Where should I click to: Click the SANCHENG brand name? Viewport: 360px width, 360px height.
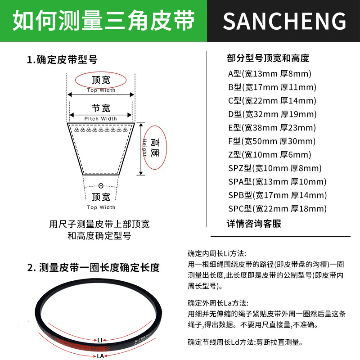coord(284,21)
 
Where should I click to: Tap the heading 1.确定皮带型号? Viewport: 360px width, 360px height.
coord(62,59)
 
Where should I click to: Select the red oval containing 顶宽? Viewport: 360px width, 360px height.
coord(101,81)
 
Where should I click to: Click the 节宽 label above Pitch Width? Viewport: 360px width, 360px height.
coord(101,108)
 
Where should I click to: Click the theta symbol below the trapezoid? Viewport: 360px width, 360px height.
coord(100,186)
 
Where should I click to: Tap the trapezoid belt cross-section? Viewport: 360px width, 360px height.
coord(101,148)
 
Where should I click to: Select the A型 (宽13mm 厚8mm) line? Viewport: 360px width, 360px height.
coord(270,74)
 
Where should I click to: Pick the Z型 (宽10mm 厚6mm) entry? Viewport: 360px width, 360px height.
coord(270,155)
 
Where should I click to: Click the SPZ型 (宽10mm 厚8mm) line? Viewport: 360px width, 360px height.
coord(275,168)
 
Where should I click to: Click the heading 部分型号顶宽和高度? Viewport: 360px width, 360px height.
coord(268,58)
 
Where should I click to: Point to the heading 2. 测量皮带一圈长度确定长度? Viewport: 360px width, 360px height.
coord(94,268)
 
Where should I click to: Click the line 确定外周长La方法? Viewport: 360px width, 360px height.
coord(218,303)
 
